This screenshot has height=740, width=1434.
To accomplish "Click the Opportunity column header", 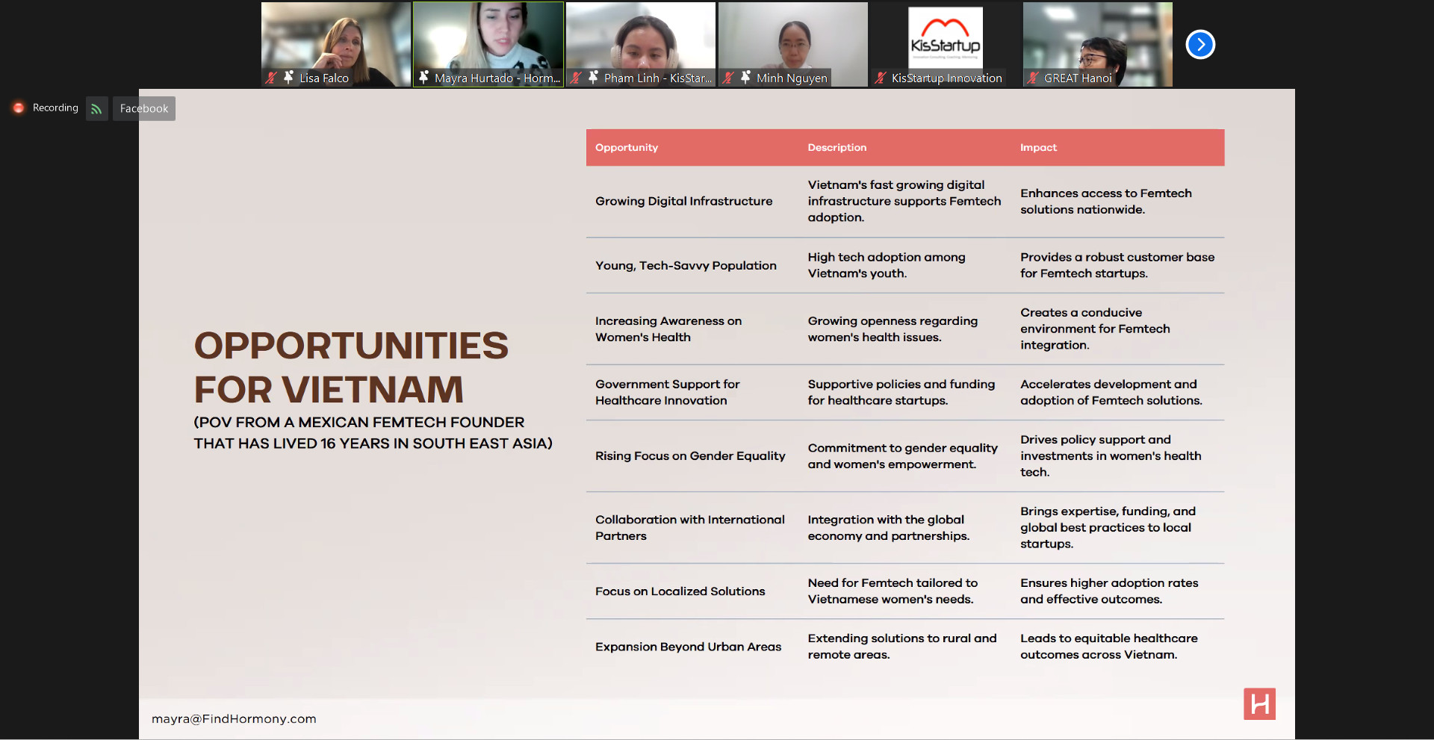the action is [626, 148].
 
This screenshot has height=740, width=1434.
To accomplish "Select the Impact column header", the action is [1038, 148].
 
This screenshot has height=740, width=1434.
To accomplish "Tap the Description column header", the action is [836, 148].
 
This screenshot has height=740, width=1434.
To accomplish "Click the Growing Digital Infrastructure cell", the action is [683, 202].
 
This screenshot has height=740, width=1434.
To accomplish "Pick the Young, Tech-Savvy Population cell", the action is [686, 266].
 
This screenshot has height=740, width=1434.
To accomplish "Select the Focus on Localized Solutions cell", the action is [680, 591].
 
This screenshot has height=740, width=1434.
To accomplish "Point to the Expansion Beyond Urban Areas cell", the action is [688, 647].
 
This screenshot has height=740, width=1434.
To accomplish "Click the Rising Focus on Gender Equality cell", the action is [690, 456].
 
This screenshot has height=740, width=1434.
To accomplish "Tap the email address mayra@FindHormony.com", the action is [234, 719].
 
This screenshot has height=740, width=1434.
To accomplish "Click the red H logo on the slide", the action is [1259, 704].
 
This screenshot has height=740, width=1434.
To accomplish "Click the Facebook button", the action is [144, 109].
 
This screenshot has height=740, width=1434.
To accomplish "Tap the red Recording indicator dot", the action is [19, 108].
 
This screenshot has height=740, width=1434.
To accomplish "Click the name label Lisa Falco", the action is [324, 78].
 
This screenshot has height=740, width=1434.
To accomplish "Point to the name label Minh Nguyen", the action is [792, 78].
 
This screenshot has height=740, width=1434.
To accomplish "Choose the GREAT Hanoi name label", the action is [1078, 78].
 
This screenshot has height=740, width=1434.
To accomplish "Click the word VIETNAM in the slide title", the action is [372, 390].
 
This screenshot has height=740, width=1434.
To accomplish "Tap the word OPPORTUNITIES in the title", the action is [351, 346].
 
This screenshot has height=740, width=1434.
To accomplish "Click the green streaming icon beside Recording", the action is [97, 109].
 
